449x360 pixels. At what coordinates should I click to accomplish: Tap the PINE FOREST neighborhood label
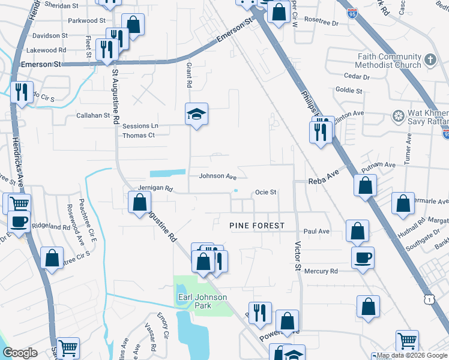[x=256, y=226]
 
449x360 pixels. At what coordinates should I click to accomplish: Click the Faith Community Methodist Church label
[x=388, y=61]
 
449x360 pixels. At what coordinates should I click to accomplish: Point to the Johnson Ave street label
[x=218, y=176]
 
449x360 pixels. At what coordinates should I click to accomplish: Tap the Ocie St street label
[x=265, y=193]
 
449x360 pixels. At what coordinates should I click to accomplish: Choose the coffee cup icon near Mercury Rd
[x=363, y=258]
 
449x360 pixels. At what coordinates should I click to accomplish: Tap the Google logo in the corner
[x=20, y=353]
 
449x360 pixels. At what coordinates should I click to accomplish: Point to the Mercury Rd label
[x=321, y=271]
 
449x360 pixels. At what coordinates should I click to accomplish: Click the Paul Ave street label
[x=316, y=231]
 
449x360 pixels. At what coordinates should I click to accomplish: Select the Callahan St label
[x=93, y=115]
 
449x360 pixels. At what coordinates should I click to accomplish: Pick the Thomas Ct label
[x=139, y=136]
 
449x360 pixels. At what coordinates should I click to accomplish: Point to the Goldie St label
[x=349, y=91]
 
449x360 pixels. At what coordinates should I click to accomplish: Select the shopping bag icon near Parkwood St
[x=133, y=25]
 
